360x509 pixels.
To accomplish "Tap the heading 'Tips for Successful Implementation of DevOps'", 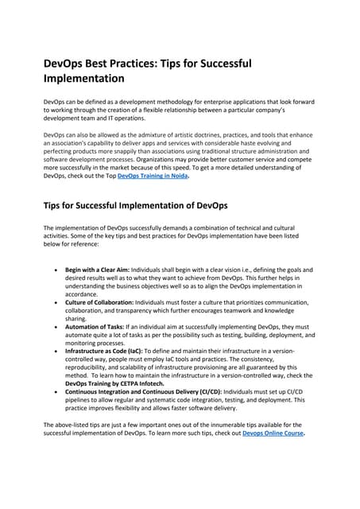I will [x=135, y=206].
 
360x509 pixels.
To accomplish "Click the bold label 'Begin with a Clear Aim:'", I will [x=96, y=270].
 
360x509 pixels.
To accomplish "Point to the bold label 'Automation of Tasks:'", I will [x=93, y=326].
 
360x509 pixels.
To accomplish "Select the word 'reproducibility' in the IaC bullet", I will [x=91, y=368].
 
